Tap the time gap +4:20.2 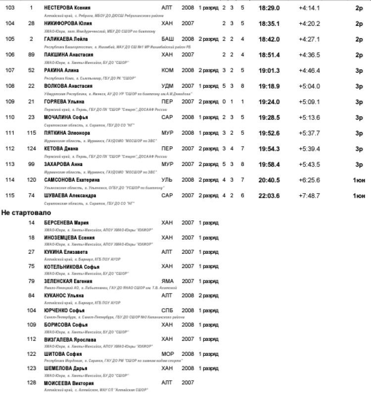click(309, 23)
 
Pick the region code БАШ click(167, 39)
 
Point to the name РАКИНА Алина click(61, 70)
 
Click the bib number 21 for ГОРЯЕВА click(32, 102)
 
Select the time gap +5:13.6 click(309, 117)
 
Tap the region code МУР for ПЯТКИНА click(167, 133)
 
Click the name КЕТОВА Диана click(61, 148)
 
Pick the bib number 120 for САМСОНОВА click(32, 179)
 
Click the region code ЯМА click(167, 281)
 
